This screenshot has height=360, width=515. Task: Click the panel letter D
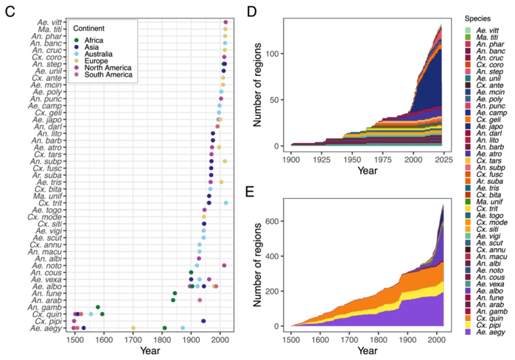click(252, 11)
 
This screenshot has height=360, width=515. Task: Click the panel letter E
click(252, 192)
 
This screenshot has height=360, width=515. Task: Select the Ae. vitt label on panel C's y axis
click(50, 22)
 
